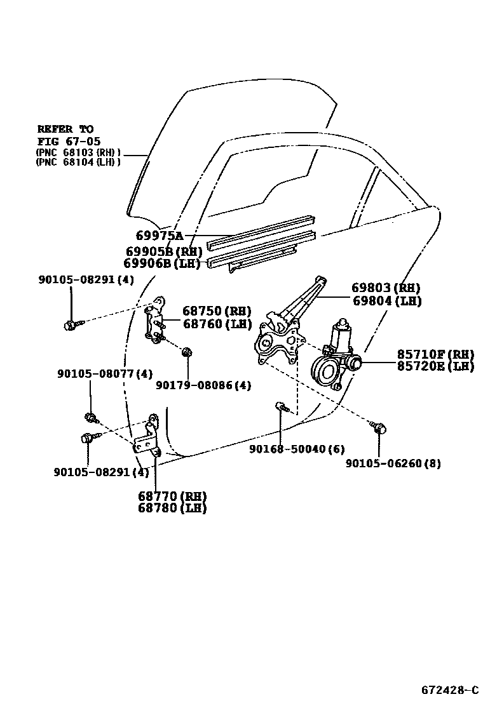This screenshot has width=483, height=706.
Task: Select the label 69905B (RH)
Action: point(164,251)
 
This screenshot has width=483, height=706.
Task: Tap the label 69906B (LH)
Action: point(163,263)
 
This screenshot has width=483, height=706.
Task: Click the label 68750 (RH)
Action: point(217,311)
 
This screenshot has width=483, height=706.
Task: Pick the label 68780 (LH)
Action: point(172,508)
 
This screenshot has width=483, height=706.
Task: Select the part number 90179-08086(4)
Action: point(203,385)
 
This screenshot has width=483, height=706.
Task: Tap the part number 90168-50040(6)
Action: point(297,449)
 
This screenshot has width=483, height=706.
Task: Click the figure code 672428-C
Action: point(449,689)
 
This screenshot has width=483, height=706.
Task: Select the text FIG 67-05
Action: point(69,141)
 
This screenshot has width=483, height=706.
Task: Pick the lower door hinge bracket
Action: point(148,438)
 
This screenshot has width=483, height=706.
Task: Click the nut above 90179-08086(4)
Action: point(187,352)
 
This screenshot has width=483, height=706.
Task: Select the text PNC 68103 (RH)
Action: point(78,153)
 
